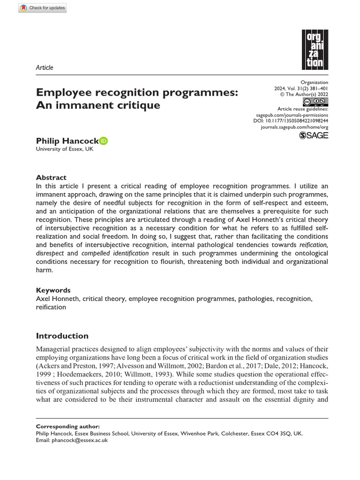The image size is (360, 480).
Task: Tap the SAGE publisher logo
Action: tap(314, 135)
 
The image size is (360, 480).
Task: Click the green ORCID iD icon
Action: tap(104, 141)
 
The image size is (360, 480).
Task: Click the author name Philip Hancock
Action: tap(67, 141)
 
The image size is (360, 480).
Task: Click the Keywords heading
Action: tap(53, 290)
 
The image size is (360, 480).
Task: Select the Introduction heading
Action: tap(62, 336)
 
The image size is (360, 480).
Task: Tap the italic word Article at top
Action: tap(45, 67)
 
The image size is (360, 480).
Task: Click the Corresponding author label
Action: tap(68, 427)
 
